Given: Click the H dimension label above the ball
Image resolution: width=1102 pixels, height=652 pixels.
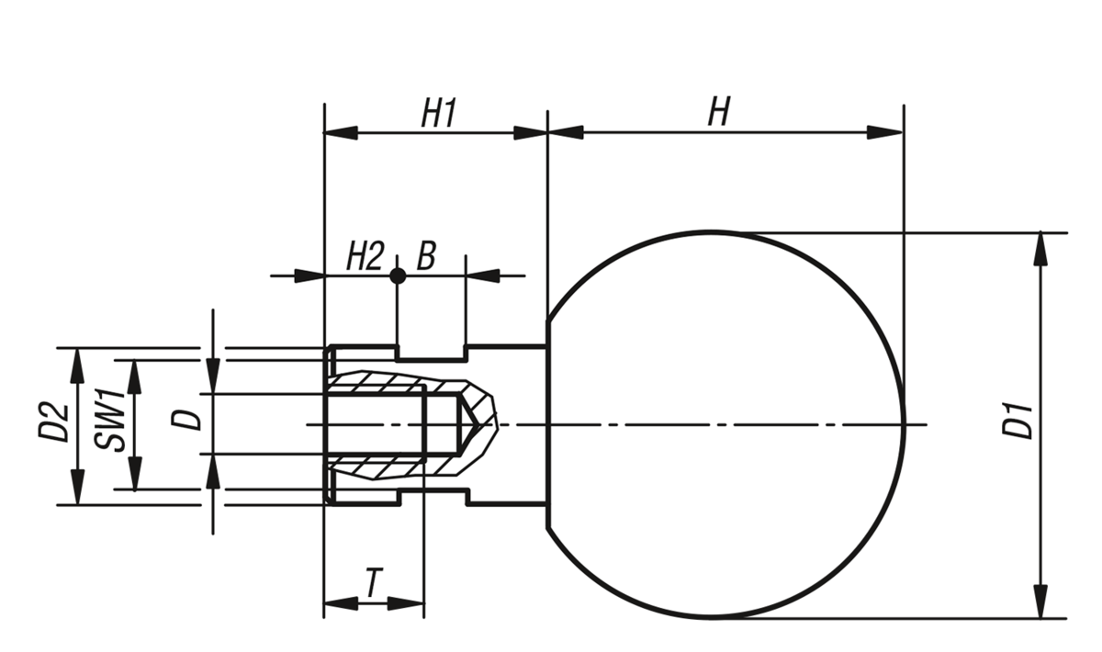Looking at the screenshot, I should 718,112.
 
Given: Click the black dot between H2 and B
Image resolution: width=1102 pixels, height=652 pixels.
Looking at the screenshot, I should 397,275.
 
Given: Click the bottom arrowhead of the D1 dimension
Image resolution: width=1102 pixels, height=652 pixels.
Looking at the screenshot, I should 1040,606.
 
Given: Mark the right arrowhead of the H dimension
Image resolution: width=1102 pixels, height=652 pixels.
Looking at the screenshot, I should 888,132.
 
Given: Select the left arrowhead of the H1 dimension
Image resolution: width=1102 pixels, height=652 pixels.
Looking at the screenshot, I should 340,132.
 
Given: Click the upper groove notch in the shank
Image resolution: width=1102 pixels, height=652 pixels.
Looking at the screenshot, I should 432,353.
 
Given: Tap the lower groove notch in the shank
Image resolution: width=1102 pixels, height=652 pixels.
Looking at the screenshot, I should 432,497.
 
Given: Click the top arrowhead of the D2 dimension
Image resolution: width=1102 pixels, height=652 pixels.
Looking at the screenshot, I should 77,359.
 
